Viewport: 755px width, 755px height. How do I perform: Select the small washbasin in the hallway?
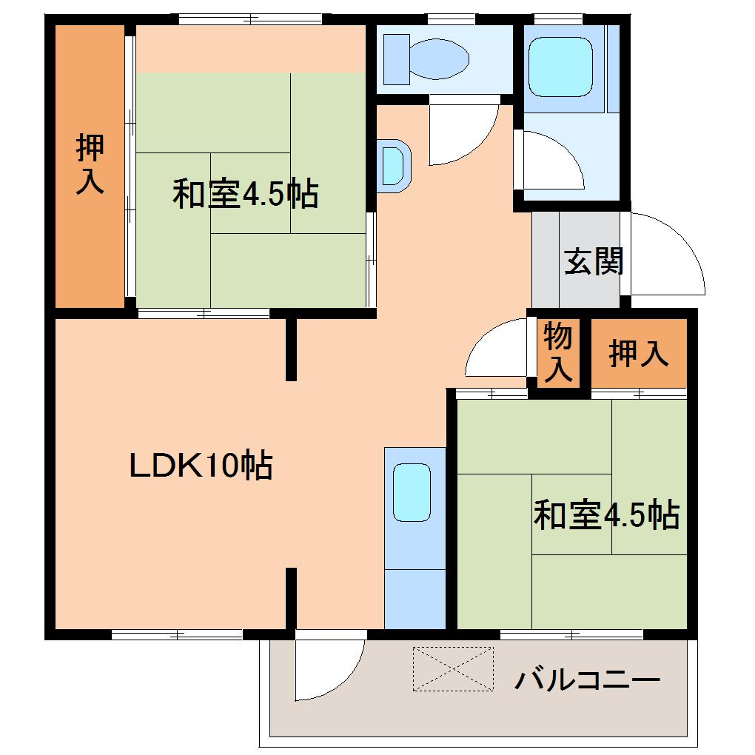tap(392, 164)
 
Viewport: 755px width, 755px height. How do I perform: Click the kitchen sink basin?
tap(411, 493)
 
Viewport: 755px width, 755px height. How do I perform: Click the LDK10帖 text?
tap(201, 466)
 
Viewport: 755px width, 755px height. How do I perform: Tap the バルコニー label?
tap(587, 679)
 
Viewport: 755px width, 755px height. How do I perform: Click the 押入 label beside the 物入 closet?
tap(638, 354)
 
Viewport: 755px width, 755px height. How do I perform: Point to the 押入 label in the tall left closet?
tap(90, 164)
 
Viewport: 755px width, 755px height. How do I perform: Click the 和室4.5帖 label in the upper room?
tap(246, 194)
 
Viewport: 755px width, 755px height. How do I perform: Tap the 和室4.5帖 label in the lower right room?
tap(606, 515)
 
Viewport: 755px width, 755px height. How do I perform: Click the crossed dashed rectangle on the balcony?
tap(452, 668)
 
